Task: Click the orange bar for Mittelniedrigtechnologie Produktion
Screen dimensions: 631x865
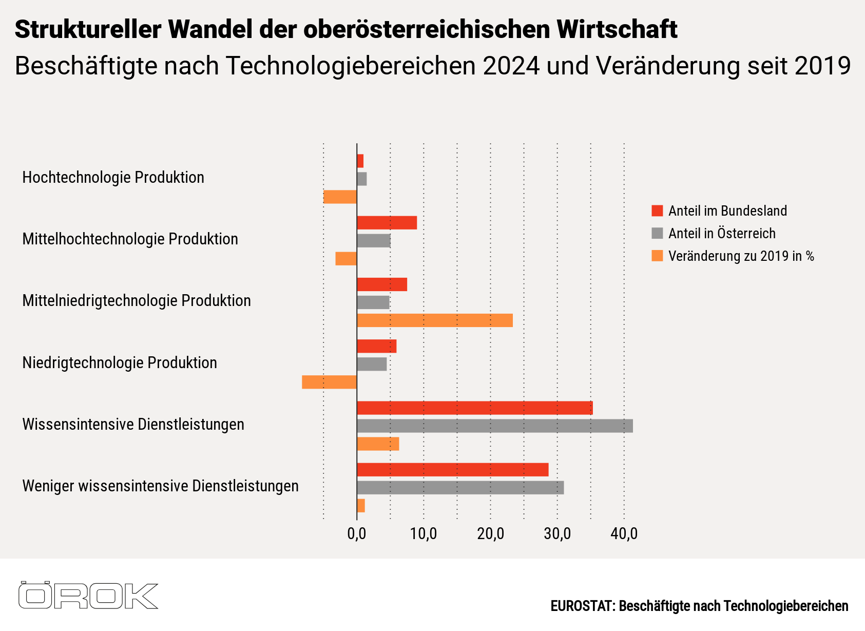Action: tap(434, 320)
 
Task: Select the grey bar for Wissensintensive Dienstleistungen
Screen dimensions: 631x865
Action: tap(494, 426)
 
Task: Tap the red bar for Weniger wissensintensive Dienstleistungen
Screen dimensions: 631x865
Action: tap(452, 470)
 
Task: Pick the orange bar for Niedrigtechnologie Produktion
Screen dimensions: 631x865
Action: tap(329, 382)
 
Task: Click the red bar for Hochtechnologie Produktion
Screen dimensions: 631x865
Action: tap(360, 161)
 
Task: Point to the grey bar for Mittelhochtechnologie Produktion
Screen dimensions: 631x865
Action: tap(374, 241)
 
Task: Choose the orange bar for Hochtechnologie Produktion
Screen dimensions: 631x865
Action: tap(340, 197)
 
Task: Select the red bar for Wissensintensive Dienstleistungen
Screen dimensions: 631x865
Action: tap(474, 408)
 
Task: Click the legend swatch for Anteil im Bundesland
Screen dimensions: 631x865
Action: tap(657, 211)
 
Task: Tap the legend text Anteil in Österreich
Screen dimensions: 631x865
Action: tap(722, 234)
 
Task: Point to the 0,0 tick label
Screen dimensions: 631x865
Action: tap(357, 534)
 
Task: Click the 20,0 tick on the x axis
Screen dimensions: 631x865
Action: tap(490, 534)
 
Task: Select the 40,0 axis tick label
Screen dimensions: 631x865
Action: tap(624, 534)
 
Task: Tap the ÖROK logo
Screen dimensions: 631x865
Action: tap(88, 596)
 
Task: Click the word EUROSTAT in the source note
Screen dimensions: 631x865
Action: tap(582, 606)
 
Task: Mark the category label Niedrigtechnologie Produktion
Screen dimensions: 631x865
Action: tap(120, 363)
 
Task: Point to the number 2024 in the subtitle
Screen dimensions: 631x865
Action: tap(511, 66)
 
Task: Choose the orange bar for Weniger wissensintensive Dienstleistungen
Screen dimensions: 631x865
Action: tap(361, 506)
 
